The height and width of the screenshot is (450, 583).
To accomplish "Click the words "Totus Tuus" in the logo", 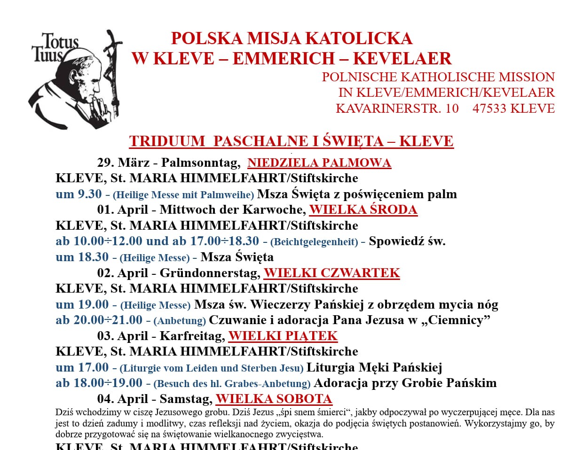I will [55, 47].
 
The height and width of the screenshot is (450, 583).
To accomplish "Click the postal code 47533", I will [489, 109].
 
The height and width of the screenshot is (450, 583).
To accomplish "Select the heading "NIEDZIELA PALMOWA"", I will [319, 163].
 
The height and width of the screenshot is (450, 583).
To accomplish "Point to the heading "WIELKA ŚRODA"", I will [363, 209].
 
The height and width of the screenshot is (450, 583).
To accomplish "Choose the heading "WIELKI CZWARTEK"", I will [331, 273].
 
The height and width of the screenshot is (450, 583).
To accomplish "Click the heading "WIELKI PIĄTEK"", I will [283, 336].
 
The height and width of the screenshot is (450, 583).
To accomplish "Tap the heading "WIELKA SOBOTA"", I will [274, 399].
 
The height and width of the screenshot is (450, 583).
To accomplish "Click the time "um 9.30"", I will [79, 194].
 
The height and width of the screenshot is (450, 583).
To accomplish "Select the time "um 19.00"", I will [82, 304].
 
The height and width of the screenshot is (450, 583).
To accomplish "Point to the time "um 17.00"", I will [82, 367].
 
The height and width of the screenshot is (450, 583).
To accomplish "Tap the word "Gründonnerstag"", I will [210, 273].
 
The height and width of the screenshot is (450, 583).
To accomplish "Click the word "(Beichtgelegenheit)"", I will [314, 242].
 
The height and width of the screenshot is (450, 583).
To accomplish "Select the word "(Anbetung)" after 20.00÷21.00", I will [180, 321].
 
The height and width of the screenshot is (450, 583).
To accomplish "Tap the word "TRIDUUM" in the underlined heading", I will [167, 141].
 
